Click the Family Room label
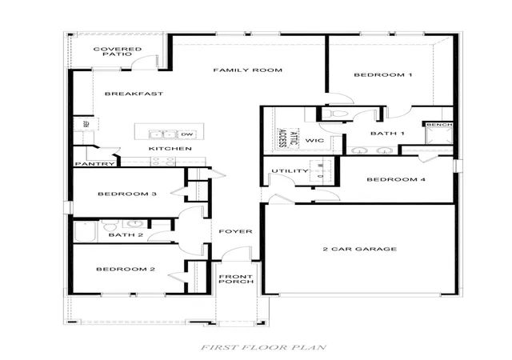click(x=247, y=70)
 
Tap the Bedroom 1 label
click(x=383, y=75)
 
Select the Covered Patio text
click(x=118, y=52)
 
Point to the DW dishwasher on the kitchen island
click(x=187, y=134)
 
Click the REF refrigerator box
click(x=86, y=124)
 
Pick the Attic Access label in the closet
click(x=288, y=138)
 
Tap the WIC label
click(x=314, y=141)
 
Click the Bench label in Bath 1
click(x=439, y=125)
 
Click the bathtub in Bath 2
click(x=86, y=232)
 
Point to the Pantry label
click(x=95, y=164)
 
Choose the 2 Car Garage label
click(x=360, y=249)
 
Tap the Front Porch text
click(x=236, y=279)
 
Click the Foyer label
click(x=235, y=231)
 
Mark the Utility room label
click(x=290, y=171)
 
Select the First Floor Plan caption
click(x=263, y=347)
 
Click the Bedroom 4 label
click(x=396, y=179)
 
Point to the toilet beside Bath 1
click(x=335, y=114)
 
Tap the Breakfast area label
click(x=134, y=94)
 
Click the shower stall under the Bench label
click(x=439, y=135)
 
